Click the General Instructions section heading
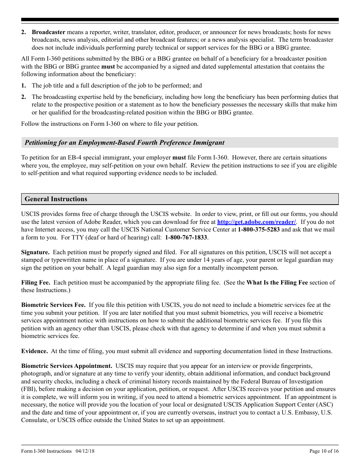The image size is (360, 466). click(x=56, y=199)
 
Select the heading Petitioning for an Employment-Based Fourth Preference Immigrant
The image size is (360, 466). click(x=124, y=143)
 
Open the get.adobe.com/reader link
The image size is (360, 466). click(x=257, y=222)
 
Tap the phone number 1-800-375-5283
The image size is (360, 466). click(x=259, y=230)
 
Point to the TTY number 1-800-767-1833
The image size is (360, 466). click(x=186, y=238)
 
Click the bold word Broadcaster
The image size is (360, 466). click(x=49, y=32)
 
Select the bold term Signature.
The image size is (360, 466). click(x=35, y=252)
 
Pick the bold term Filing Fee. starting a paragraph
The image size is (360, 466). click(x=35, y=283)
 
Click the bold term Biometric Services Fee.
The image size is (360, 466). click(x=53, y=305)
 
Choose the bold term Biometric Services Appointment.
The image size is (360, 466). click(x=67, y=366)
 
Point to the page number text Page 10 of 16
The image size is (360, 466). click(x=324, y=451)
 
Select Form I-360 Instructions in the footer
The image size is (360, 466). click(x=46, y=451)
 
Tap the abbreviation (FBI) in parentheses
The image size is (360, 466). click(x=28, y=389)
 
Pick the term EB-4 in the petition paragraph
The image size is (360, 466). click(x=72, y=158)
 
